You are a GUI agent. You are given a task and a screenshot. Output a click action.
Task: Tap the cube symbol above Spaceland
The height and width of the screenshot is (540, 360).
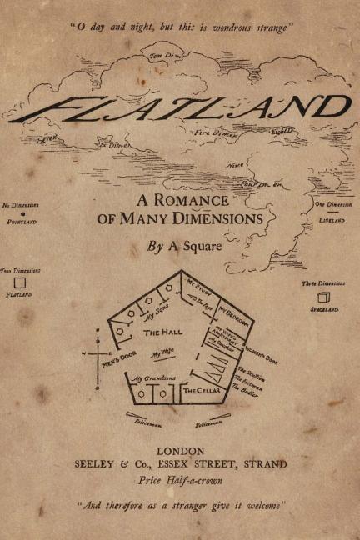[322, 297]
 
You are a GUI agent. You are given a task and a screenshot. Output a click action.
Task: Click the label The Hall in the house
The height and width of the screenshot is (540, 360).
[163, 332]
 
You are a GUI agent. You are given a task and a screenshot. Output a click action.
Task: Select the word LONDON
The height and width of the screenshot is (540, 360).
[180, 451]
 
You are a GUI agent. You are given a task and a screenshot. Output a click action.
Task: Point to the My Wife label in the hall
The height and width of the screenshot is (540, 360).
[164, 355]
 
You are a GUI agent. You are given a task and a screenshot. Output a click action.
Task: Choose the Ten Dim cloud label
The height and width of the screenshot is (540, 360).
[164, 56]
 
